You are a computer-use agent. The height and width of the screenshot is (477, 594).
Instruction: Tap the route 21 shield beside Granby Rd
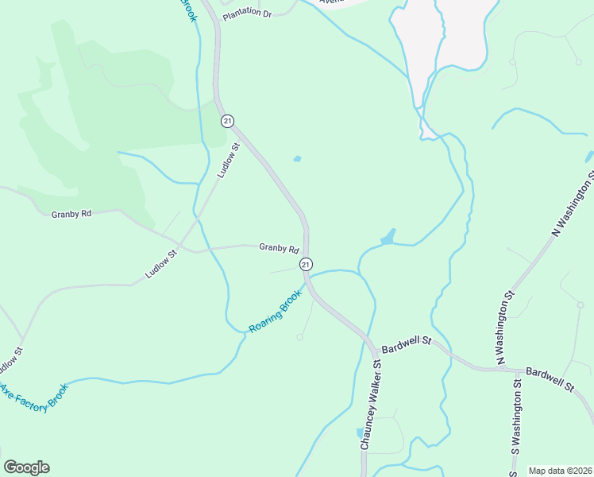coord(306,263)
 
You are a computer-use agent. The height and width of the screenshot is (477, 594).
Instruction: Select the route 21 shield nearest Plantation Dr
coord(228,121)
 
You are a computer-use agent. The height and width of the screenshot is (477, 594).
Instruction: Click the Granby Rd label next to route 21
coord(279,248)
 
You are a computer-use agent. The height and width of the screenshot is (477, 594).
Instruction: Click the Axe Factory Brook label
coord(35,397)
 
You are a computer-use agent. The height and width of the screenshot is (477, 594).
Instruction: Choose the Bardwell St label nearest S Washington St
coord(550,378)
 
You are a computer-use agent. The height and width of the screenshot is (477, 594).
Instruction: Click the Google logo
coord(26,467)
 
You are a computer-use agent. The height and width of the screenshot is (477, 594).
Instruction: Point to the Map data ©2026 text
coord(560,471)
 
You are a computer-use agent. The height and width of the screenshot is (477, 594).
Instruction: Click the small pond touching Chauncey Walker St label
coord(360,433)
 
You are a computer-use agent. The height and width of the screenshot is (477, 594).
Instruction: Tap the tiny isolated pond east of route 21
coord(297,159)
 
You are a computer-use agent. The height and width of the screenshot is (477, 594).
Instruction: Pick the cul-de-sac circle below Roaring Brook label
coord(299,338)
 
